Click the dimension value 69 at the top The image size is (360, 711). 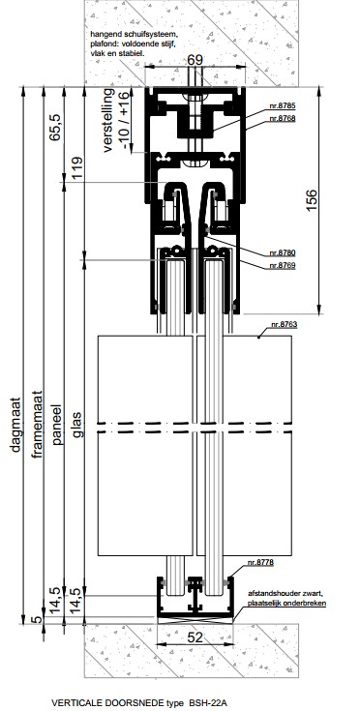point(195,60)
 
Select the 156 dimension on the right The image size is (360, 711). point(312,200)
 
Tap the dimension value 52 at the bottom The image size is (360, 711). point(195,637)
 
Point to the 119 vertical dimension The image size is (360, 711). point(77,168)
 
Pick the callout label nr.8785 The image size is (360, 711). point(283,106)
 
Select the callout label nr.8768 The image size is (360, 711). point(283,118)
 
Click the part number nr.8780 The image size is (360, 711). point(283,253)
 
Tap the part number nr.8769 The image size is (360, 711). point(283,265)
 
